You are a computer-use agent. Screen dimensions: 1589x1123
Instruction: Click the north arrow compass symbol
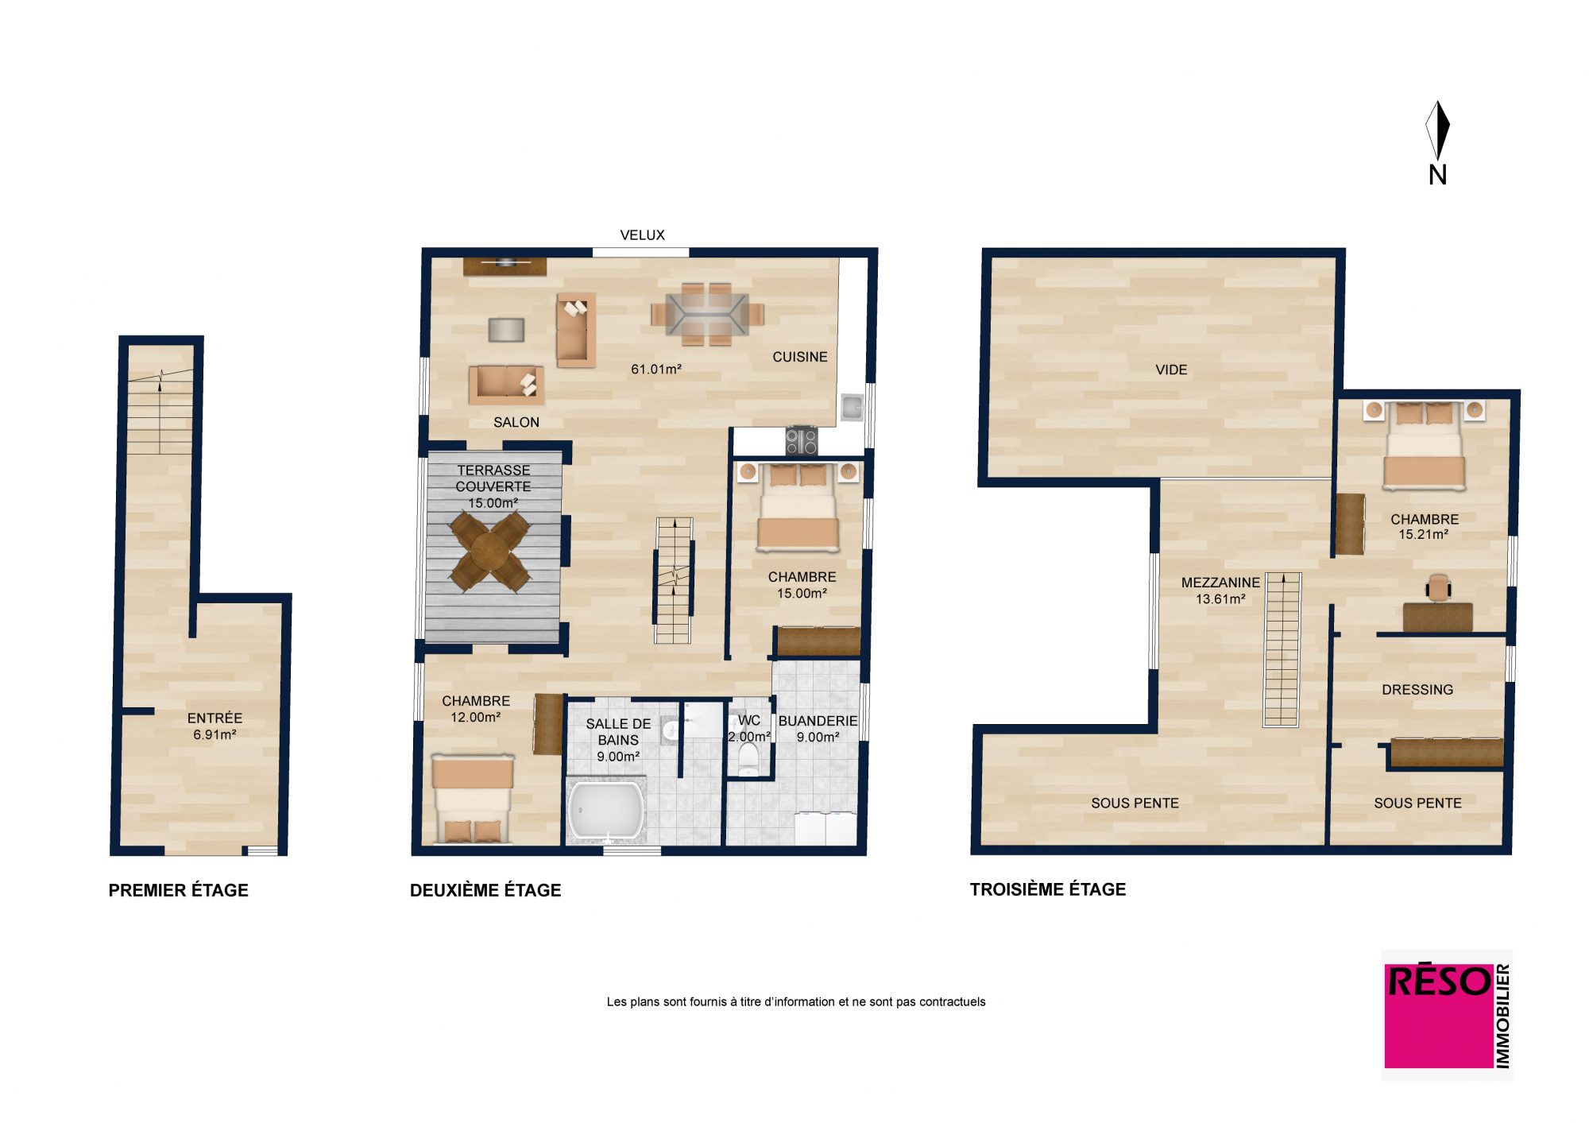click(1437, 131)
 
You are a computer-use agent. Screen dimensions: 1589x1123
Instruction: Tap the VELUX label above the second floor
click(642, 235)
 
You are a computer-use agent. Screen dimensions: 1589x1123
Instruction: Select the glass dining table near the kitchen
click(707, 314)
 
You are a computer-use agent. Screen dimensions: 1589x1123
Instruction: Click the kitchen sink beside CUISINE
click(852, 408)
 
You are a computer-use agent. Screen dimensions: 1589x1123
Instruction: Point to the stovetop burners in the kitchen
click(801, 440)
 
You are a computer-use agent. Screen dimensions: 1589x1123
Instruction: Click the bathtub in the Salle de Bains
click(605, 811)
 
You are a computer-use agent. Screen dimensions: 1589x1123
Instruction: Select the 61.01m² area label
click(656, 370)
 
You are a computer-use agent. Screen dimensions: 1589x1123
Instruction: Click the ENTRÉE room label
click(215, 718)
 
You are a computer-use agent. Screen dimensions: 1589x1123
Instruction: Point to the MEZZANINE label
click(1220, 583)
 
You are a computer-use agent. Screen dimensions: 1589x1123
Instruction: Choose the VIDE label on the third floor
click(1171, 370)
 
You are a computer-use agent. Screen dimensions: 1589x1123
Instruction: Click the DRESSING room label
click(1417, 690)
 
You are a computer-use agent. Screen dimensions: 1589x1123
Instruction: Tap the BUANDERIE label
click(818, 722)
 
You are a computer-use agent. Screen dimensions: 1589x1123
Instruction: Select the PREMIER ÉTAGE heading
click(179, 891)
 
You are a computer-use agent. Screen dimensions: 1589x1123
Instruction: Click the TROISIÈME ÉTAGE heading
click(1048, 890)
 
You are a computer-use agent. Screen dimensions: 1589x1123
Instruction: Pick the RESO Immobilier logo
click(1447, 1016)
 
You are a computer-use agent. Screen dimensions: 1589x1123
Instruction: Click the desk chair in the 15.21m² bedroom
click(1439, 587)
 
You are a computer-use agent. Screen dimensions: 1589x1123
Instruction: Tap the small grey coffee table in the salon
click(506, 330)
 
